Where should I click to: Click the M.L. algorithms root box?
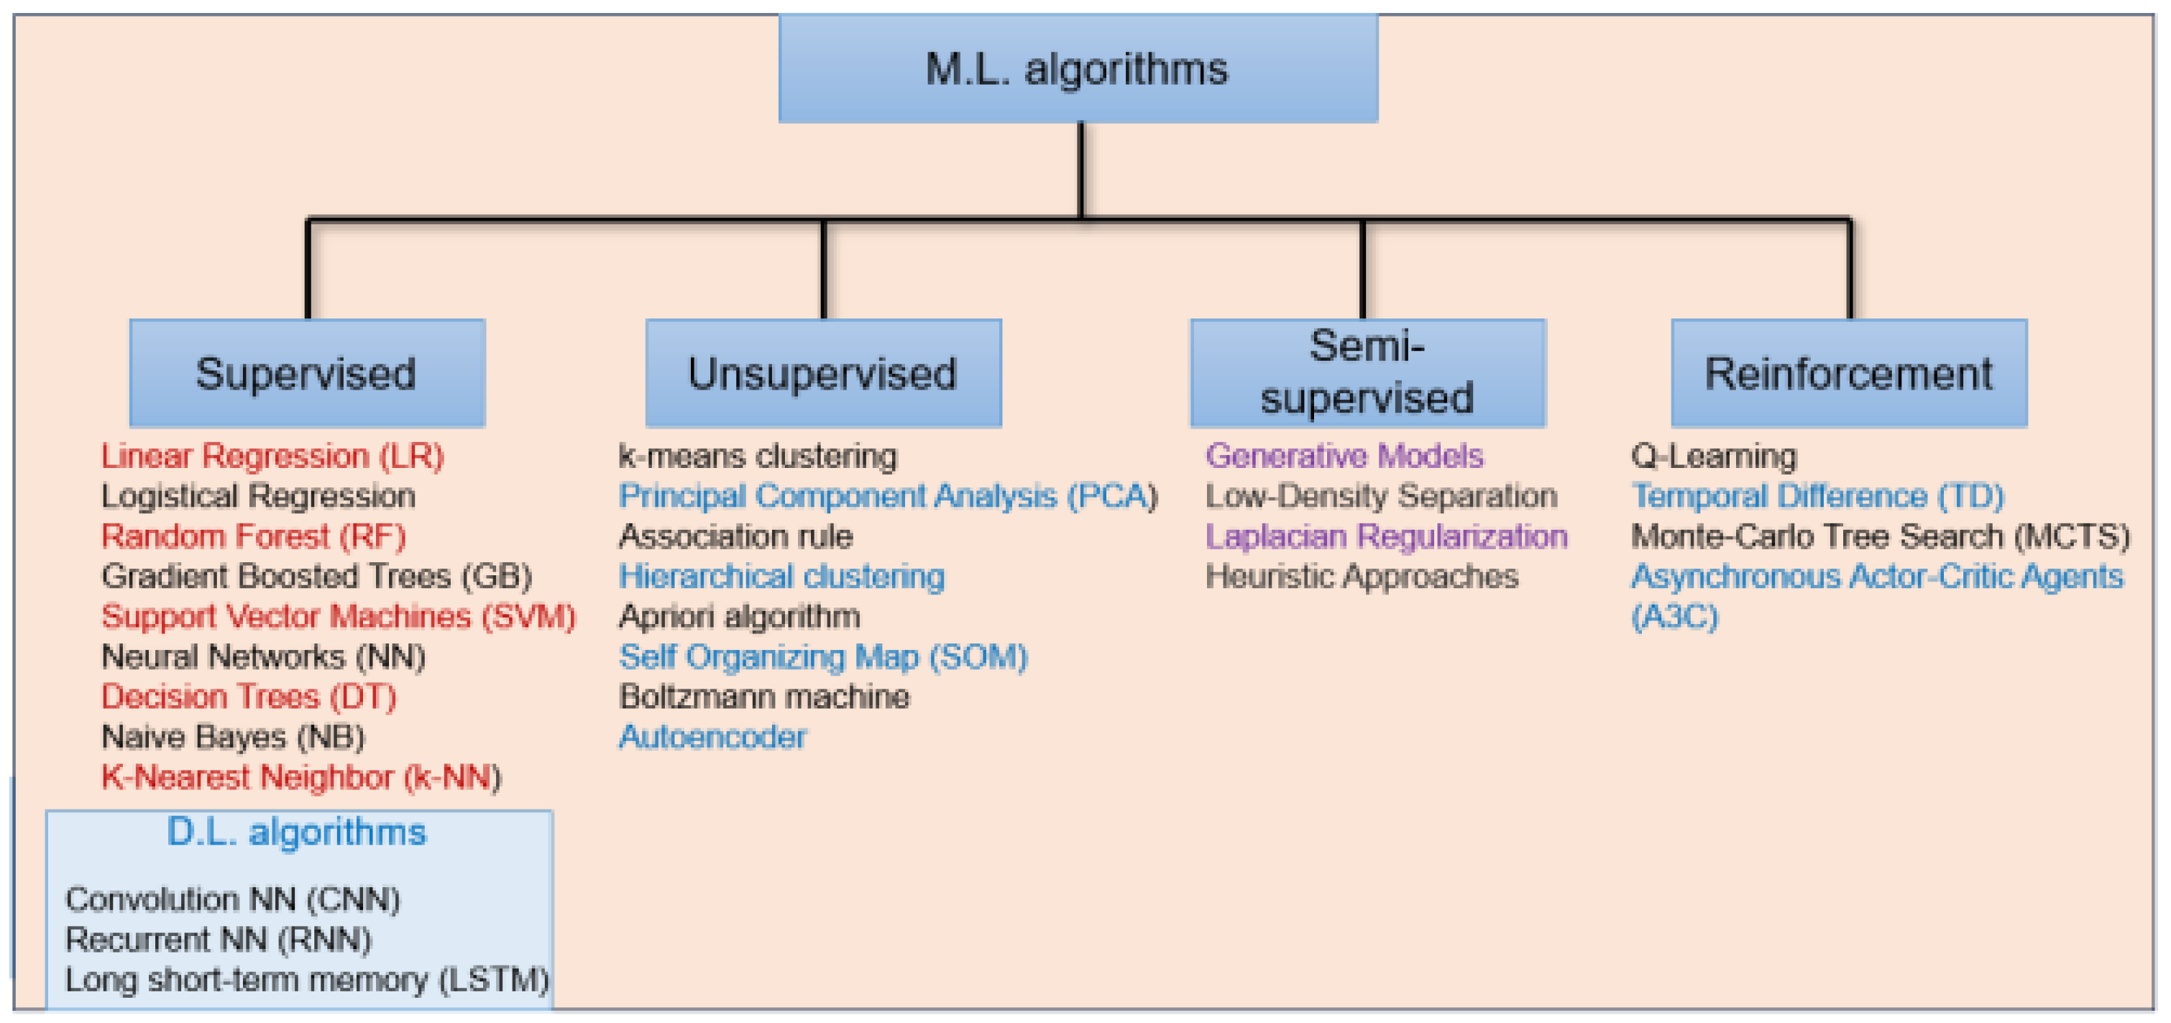pyautogui.click(x=1078, y=68)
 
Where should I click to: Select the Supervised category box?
pyautogui.click(x=307, y=372)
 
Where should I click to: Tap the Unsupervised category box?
pyautogui.click(x=822, y=372)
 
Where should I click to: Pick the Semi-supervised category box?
pyautogui.click(x=1367, y=372)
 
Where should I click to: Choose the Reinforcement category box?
pyautogui.click(x=1848, y=372)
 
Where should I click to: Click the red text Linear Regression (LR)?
pyautogui.click(x=272, y=456)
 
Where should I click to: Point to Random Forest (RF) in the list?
pyautogui.click(x=253, y=536)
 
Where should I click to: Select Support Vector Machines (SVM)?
pyautogui.click(x=338, y=616)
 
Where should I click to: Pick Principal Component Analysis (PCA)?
pyautogui.click(x=887, y=495)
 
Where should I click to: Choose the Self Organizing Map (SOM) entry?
pyautogui.click(x=822, y=656)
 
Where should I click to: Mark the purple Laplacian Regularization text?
pyautogui.click(x=1385, y=536)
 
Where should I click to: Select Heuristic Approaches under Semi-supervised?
pyautogui.click(x=1361, y=577)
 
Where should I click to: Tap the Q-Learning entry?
pyautogui.click(x=1713, y=456)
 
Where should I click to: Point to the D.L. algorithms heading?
pyautogui.click(x=297, y=832)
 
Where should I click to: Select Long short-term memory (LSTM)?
pyautogui.click(x=307, y=979)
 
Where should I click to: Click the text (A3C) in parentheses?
pyautogui.click(x=1674, y=616)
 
